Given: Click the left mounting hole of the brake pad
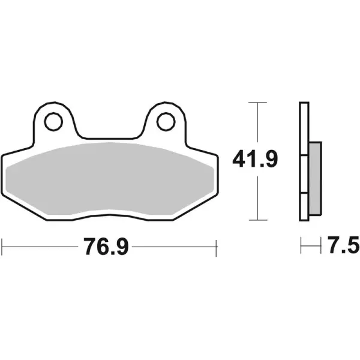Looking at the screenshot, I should point(53,122).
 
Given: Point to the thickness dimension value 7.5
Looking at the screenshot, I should point(342,245).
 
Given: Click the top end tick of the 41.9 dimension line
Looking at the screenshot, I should point(257,103).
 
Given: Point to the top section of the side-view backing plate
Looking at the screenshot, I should point(304,129).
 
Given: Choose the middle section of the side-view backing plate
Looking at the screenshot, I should point(304,175).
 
